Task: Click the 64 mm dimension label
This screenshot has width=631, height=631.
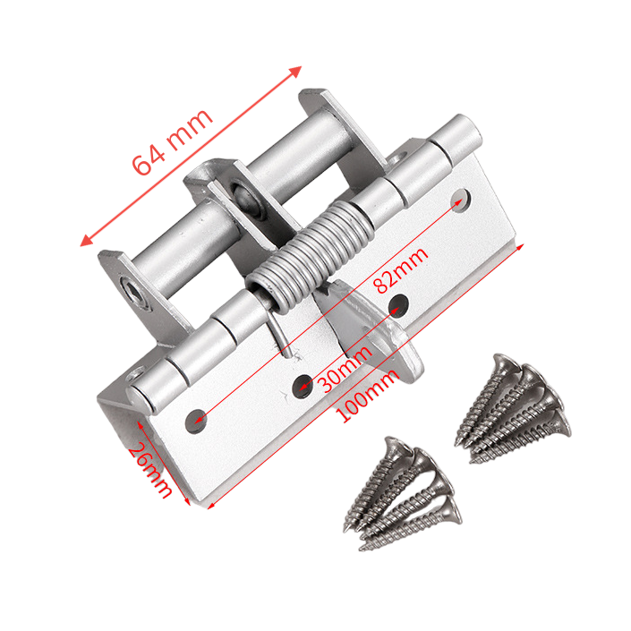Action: [x=172, y=141]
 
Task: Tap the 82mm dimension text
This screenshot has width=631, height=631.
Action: [x=400, y=270]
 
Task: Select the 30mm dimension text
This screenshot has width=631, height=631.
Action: [x=345, y=369]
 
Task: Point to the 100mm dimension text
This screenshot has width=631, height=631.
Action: [x=367, y=397]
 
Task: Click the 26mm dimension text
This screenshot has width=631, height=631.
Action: [x=150, y=471]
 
